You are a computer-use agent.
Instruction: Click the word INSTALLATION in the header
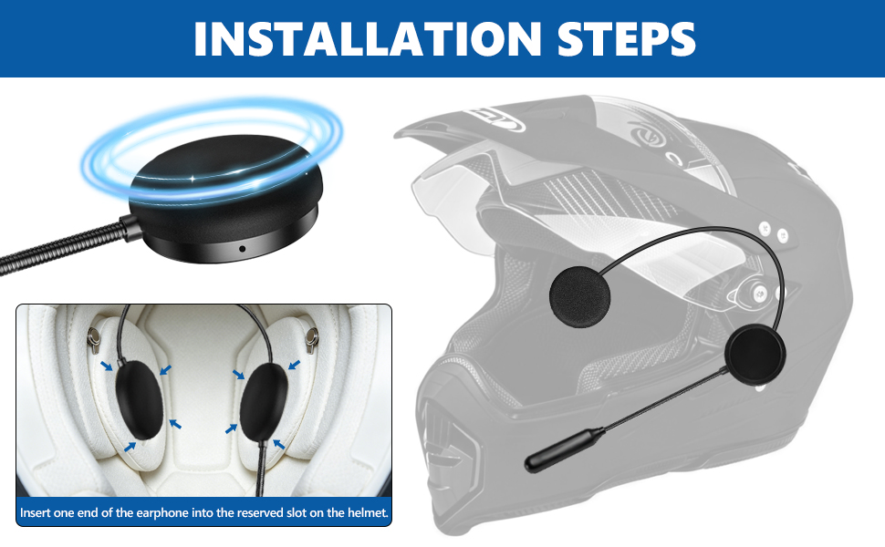367,38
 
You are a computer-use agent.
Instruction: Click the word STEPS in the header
627,38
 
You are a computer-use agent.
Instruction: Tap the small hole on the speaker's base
242,249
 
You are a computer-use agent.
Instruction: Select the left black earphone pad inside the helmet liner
139,400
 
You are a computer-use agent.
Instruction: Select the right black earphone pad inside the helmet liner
264,401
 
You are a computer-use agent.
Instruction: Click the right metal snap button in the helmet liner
311,338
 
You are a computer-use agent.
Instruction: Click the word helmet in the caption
370,513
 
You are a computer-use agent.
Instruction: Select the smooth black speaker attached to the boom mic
755,356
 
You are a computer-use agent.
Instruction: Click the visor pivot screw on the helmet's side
760,292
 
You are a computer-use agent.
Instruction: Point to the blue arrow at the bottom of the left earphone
130,447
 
